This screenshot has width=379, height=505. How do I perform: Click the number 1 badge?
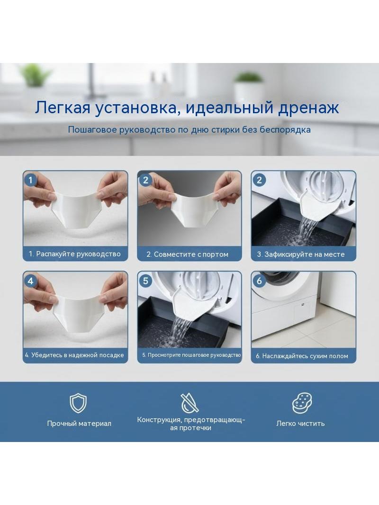pyautogui.click(x=31, y=180)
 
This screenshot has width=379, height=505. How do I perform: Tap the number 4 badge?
pyautogui.click(x=31, y=281)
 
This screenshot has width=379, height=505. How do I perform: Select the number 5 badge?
pyautogui.click(x=145, y=281)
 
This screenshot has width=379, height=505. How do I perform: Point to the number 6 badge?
pyautogui.click(x=259, y=281)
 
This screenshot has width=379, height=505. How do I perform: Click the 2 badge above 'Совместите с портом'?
pyautogui.click(x=145, y=180)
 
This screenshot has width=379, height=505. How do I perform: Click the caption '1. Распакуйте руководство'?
pyautogui.click(x=75, y=254)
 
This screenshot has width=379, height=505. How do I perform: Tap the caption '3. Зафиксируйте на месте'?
pyautogui.click(x=301, y=254)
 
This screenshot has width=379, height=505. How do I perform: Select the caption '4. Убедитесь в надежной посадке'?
pyautogui.click(x=74, y=355)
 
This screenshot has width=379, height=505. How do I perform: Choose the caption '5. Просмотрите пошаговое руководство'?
pyautogui.click(x=191, y=355)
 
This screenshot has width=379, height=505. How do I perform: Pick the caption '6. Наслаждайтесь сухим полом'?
pyautogui.click(x=302, y=356)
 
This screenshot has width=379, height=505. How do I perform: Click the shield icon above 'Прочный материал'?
pyautogui.click(x=78, y=403)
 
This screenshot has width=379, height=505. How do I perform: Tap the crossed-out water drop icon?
pyautogui.click(x=189, y=403)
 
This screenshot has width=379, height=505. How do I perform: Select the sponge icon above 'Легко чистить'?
pyautogui.click(x=302, y=403)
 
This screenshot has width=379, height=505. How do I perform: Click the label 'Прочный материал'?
pyautogui.click(x=79, y=424)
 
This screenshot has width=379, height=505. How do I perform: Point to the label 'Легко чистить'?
pyautogui.click(x=300, y=424)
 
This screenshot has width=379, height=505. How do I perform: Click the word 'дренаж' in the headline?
pyautogui.click(x=308, y=108)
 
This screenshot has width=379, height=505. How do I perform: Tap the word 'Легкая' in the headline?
pyautogui.click(x=63, y=108)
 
